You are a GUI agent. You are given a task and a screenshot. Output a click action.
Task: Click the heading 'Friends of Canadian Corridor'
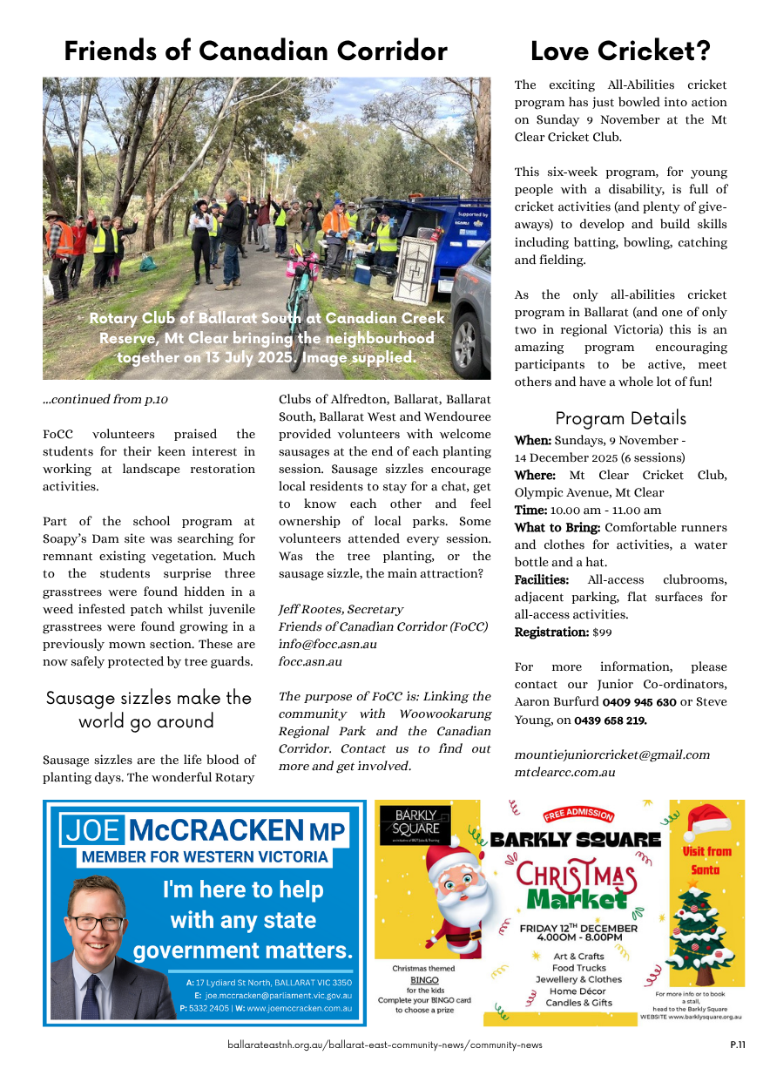(255, 51)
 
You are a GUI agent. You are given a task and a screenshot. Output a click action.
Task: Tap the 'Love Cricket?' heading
(620, 51)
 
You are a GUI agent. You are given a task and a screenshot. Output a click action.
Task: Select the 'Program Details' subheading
(620, 418)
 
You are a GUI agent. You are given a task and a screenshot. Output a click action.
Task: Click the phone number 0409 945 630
(639, 702)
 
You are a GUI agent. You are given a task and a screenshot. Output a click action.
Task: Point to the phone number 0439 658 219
(603, 720)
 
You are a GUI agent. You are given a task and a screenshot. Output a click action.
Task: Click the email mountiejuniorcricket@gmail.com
(611, 754)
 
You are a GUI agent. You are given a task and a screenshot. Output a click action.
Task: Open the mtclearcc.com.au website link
(564, 772)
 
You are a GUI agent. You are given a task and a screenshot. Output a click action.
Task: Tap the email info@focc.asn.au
(328, 644)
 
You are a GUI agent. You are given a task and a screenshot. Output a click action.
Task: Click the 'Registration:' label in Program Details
(550, 632)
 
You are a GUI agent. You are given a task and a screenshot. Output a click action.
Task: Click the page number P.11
(737, 1045)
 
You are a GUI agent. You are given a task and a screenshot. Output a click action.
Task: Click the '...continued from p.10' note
(105, 400)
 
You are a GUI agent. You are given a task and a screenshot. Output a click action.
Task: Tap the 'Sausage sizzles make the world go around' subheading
(147, 709)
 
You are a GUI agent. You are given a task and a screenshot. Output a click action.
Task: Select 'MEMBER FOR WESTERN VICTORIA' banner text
(205, 856)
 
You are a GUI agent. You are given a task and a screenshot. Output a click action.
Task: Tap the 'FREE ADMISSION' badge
(578, 815)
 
